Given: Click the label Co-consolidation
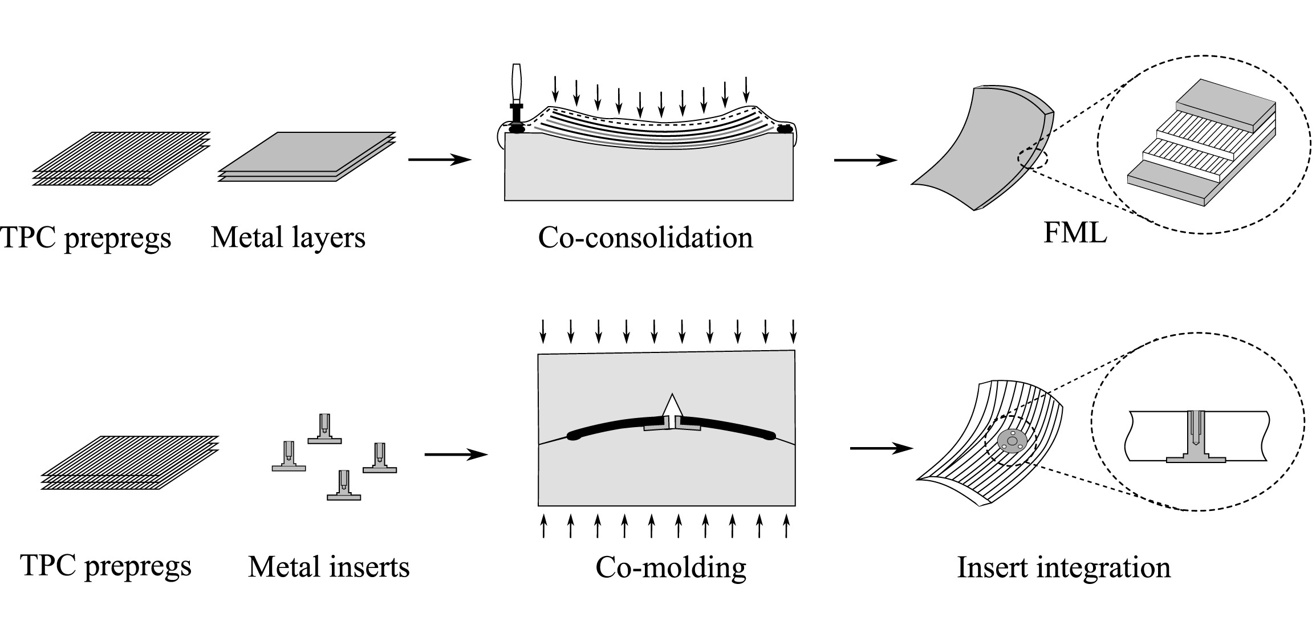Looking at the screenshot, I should pos(645,237).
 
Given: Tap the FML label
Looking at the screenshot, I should pos(1075,233).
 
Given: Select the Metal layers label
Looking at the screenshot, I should pos(288,237).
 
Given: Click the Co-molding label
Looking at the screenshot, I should pos(671,567).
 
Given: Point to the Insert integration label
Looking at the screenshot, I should pos(1063,567).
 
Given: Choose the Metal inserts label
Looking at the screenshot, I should pos(328,567).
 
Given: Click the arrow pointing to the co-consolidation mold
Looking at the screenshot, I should pos(440,160).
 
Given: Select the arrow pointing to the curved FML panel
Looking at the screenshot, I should pos(865,160).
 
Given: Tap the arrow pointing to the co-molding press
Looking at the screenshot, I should pos(456,454).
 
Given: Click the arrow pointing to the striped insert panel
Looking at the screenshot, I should pos(881,449).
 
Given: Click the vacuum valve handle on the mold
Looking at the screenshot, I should pos(517,86).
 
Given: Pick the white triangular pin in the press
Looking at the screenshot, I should pos(673,406).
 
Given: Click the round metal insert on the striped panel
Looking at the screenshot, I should pos(1012,441).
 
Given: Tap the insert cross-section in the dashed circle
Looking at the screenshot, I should pos(1196,439).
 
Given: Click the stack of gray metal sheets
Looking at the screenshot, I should pos(307,157).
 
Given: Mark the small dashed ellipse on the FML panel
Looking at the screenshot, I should pos(1032,159).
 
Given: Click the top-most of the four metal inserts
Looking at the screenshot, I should pos(324,428).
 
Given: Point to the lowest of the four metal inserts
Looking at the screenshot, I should pos(344,485).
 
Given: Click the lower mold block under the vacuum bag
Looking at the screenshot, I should pos(648,177).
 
